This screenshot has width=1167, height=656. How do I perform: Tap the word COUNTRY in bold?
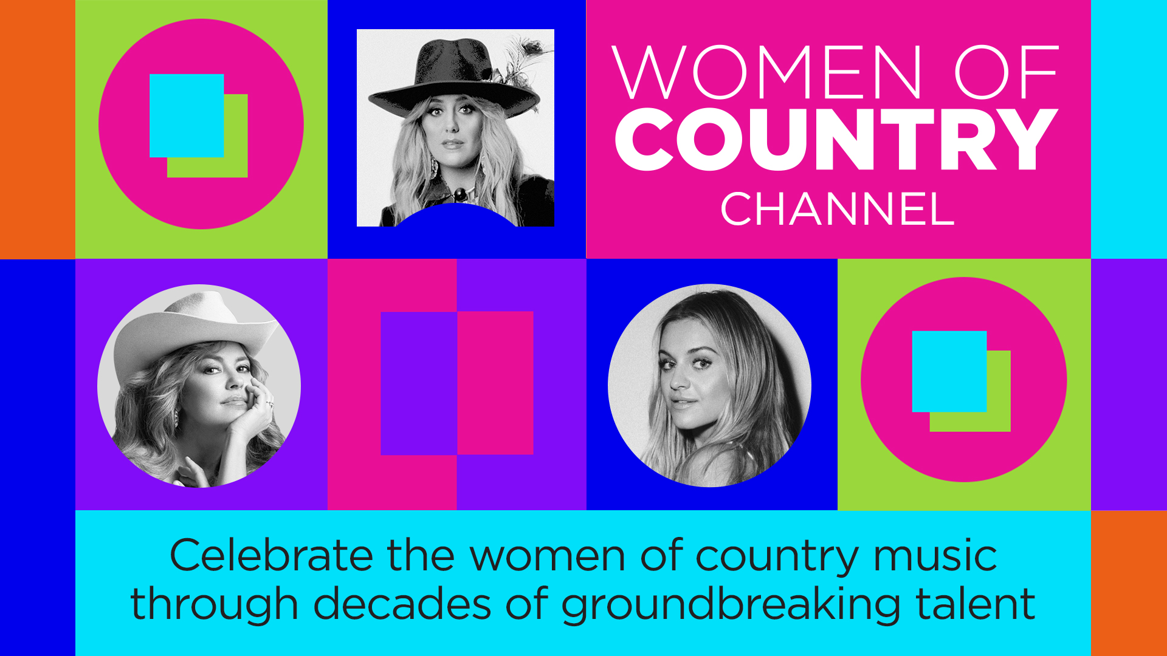click(837, 140)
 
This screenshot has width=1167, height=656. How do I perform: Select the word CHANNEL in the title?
click(838, 209)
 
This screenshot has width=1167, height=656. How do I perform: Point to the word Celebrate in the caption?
click(271, 555)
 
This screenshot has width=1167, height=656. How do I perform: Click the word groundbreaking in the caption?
click(730, 605)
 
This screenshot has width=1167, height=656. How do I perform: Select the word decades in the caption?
click(402, 604)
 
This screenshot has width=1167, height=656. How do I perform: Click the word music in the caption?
click(935, 555)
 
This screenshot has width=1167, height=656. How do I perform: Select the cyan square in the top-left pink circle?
click(187, 115)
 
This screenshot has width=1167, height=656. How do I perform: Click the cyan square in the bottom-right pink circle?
click(949, 372)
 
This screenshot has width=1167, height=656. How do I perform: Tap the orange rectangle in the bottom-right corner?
click(1129, 583)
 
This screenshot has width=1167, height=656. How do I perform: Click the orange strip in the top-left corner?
click(38, 129)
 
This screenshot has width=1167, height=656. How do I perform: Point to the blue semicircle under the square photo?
click(455, 216)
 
